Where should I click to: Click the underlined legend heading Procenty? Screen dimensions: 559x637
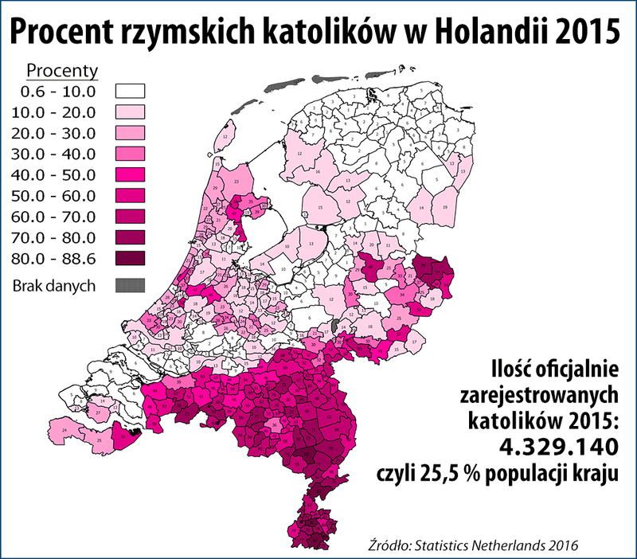(x=63, y=70)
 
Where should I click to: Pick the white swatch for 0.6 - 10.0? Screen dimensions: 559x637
(x=135, y=92)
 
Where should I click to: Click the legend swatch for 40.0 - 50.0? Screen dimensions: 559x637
(x=135, y=174)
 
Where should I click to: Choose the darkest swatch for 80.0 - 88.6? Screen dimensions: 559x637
(x=135, y=257)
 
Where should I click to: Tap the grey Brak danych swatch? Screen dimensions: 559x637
(x=135, y=285)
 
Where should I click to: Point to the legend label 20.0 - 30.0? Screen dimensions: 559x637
(x=53, y=133)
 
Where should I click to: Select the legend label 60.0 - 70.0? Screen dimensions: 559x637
(x=53, y=216)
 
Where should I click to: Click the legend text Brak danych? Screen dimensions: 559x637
(x=53, y=285)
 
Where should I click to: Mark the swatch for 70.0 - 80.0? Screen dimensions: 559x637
(x=135, y=236)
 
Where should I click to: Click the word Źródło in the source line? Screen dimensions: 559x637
(x=386, y=544)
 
